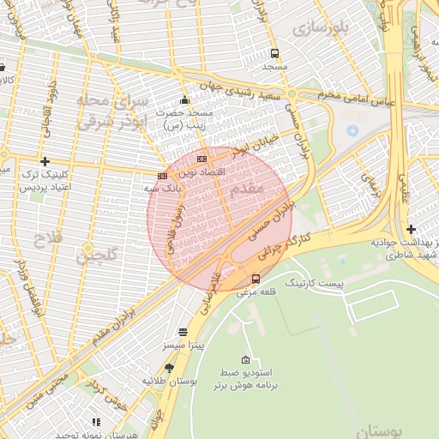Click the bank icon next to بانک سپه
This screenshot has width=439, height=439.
[x=163, y=175]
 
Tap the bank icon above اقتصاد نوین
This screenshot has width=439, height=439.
[x=201, y=159]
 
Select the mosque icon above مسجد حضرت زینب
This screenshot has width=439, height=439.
[x=184, y=99]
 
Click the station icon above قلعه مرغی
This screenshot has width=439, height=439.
[x=256, y=278]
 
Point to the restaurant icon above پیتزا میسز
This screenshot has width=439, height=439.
[x=183, y=332]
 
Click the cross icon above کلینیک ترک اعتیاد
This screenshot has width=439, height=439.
[x=45, y=161]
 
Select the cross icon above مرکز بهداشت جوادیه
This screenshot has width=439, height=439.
[x=412, y=229]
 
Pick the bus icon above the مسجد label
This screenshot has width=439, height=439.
[x=274, y=53]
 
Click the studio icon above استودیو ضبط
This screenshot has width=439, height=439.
[x=246, y=360]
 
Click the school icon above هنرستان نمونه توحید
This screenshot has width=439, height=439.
[x=96, y=422]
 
